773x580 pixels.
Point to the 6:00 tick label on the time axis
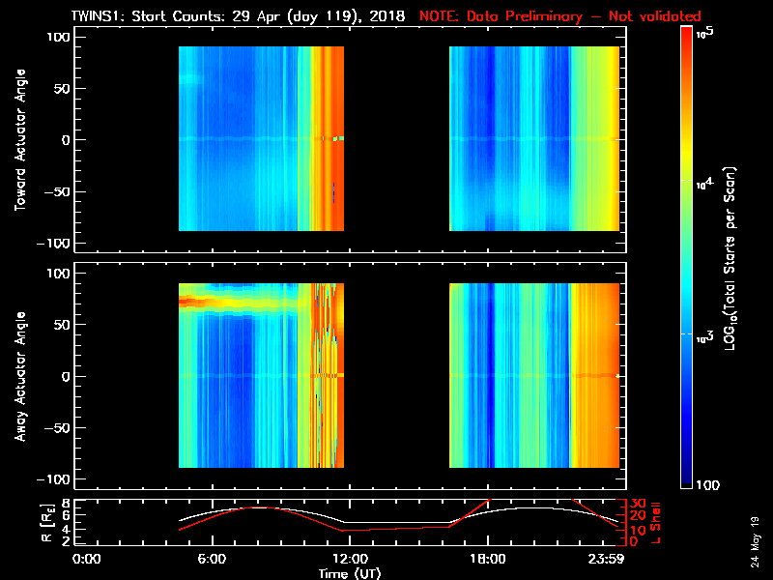(212, 559)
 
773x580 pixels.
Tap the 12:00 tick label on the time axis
(349, 559)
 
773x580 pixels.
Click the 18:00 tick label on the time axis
(487, 559)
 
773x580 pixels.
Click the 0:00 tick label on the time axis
(87, 559)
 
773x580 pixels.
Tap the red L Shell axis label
(656, 522)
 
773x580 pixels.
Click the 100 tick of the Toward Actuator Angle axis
(59, 37)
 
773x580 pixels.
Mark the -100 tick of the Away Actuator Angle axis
(57, 479)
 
